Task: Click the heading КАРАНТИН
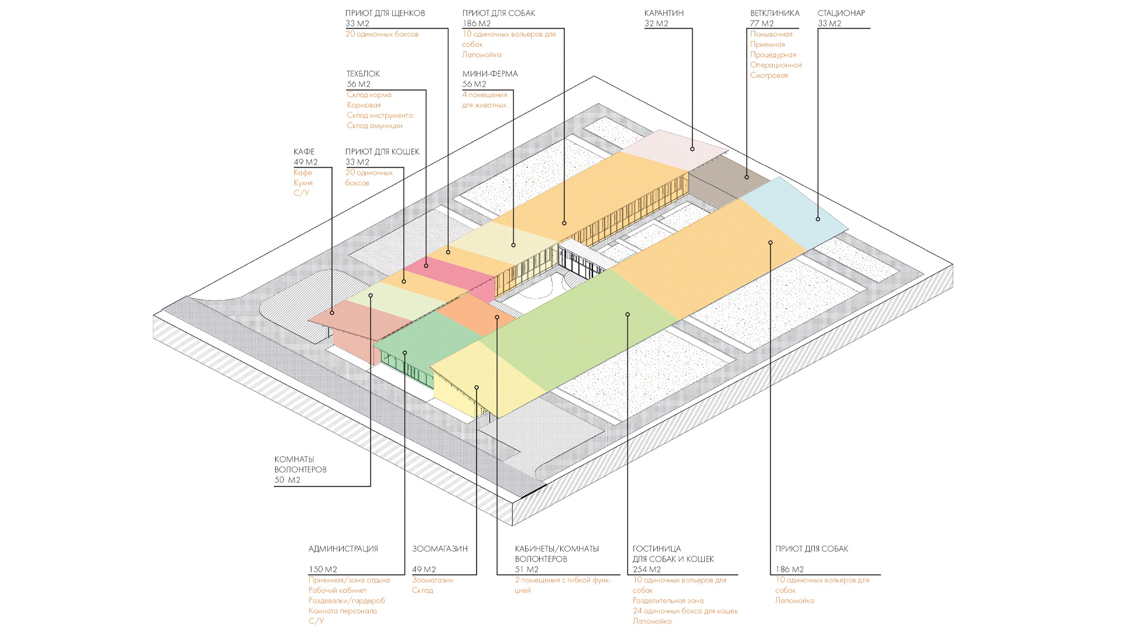point(664,13)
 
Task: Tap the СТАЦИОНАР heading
point(841,13)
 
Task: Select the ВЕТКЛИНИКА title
point(775,13)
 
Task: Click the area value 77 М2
point(762,23)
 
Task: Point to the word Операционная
point(776,65)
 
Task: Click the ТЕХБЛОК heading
point(363,74)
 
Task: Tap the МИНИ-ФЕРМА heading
point(490,74)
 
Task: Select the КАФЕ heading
point(304,152)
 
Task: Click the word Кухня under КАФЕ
point(303,183)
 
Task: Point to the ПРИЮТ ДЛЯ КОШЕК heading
point(382,152)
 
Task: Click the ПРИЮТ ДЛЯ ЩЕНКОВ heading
point(385,13)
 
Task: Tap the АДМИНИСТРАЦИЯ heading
point(343,549)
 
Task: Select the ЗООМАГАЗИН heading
point(440,549)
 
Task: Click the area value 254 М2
point(646,570)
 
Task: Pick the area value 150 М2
point(323,570)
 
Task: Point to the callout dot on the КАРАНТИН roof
point(692,149)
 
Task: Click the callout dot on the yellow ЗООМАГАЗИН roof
point(477,387)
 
